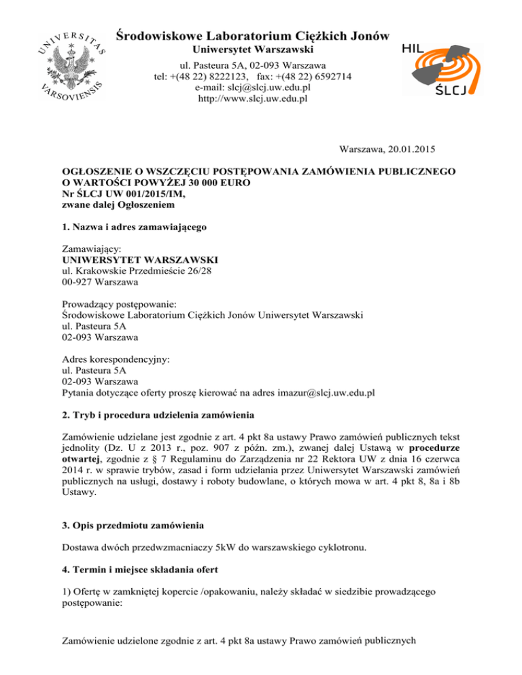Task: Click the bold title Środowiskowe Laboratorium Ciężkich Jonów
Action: click(253, 35)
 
